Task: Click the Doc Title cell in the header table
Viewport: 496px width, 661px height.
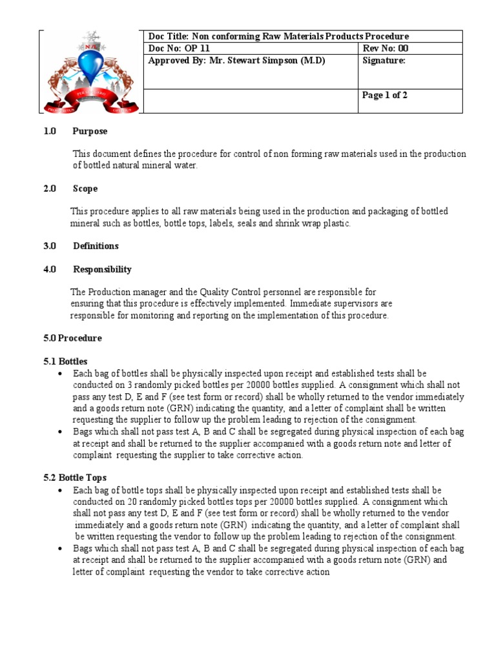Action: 278,37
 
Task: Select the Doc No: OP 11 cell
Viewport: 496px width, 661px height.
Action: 179,48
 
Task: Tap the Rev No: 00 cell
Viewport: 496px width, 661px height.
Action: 385,48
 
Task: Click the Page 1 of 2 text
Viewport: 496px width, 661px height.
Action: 385,96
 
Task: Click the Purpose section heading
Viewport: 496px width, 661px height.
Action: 90,131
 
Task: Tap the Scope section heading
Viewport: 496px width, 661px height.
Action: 85,188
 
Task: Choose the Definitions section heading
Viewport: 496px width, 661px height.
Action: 96,246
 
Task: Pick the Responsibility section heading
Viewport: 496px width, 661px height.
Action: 102,269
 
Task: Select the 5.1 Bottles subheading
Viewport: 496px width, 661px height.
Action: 65,361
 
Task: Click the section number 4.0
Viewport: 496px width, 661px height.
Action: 50,269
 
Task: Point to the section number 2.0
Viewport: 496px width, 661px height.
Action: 50,188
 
